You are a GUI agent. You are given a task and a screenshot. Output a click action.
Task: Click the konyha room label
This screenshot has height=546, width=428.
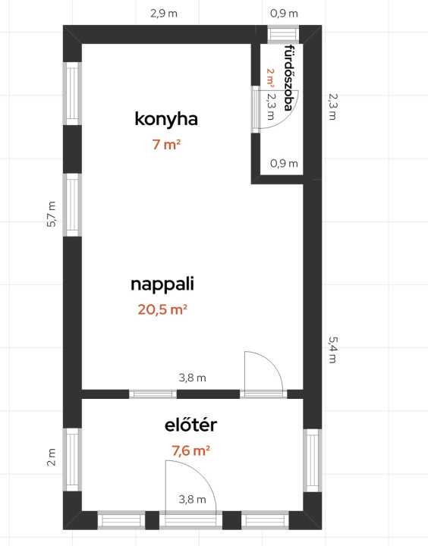pyautogui.click(x=166, y=119)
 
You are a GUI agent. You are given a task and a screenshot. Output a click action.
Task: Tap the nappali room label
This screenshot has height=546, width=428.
pyautogui.click(x=162, y=284)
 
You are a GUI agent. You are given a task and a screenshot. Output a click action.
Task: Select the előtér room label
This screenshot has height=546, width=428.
pyautogui.click(x=190, y=425)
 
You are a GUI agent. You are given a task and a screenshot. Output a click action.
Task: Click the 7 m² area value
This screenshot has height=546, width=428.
pyautogui.click(x=166, y=145)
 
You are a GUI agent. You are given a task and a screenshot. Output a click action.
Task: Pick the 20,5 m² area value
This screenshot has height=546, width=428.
pyautogui.click(x=162, y=309)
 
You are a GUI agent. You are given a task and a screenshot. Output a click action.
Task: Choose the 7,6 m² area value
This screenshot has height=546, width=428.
pyautogui.click(x=190, y=451)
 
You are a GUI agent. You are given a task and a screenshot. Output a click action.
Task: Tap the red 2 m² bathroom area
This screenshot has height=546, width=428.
pyautogui.click(x=270, y=77)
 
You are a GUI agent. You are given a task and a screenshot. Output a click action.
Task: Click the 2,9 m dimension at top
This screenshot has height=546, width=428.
pyautogui.click(x=164, y=14)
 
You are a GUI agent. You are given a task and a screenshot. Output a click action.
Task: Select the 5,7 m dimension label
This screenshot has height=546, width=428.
pyautogui.click(x=52, y=214)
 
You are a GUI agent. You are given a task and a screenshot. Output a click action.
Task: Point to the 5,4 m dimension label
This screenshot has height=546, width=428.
pyautogui.click(x=333, y=350)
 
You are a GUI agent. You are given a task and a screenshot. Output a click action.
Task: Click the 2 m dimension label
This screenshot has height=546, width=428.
pyautogui.click(x=52, y=457)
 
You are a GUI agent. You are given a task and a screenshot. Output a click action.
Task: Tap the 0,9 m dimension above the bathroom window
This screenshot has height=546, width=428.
pyautogui.click(x=284, y=14)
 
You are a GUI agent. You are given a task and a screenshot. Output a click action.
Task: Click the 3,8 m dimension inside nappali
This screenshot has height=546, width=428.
pyautogui.click(x=193, y=378)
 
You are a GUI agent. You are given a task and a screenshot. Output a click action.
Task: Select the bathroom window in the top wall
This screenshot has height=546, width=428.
pyautogui.click(x=283, y=34)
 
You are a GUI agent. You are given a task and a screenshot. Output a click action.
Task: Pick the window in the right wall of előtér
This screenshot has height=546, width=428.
pyautogui.click(x=313, y=460)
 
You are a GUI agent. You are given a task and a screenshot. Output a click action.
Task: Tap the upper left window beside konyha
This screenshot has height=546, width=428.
pyautogui.click(x=73, y=94)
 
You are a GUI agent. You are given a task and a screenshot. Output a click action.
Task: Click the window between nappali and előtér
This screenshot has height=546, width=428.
pyautogui.click(x=153, y=394)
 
